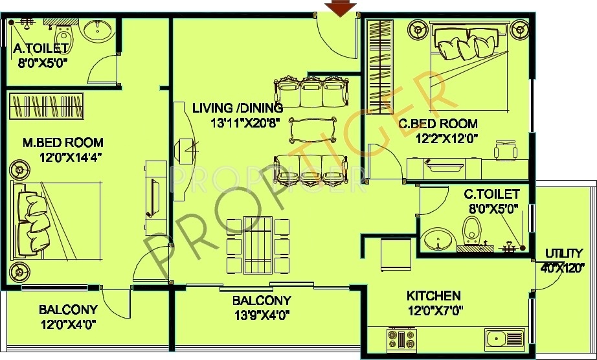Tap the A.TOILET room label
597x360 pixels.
(x=41, y=49)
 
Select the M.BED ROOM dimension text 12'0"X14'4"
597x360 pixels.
(x=72, y=157)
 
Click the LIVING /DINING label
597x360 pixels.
(x=238, y=109)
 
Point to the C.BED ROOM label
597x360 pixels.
(x=438, y=124)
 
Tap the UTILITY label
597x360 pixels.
(x=564, y=253)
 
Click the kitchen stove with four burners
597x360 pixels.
(x=401, y=339)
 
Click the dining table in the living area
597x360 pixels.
(x=258, y=245)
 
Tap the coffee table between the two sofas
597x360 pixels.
(x=313, y=130)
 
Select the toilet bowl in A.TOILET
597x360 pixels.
(x=63, y=36)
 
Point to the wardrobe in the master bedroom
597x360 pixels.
(x=47, y=106)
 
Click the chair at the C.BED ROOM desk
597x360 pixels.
(x=506, y=150)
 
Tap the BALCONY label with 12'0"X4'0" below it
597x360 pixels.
(x=68, y=309)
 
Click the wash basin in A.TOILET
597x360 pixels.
(x=98, y=30)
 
